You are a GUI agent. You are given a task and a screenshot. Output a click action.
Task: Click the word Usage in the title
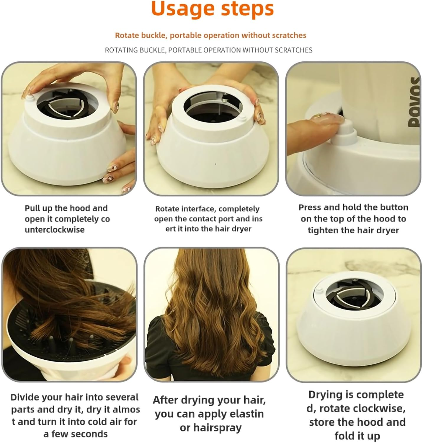[181, 9]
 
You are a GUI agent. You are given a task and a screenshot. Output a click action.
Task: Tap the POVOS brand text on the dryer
[414, 102]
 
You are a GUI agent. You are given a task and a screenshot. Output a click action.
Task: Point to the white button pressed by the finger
[346, 133]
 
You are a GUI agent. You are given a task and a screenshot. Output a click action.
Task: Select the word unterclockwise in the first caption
[55, 229]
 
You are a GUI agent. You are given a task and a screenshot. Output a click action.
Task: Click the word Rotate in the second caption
[167, 209]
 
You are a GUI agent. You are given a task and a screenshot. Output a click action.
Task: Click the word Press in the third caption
[310, 207]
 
